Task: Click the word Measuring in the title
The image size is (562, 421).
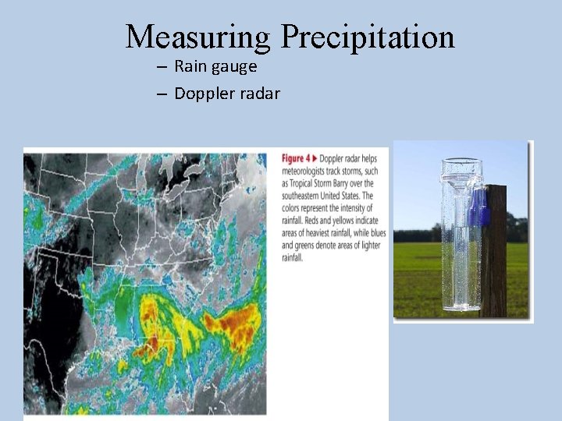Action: coord(198,37)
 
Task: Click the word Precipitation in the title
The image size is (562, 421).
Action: coord(367,37)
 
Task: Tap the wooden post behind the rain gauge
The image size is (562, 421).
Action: coord(495,257)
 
